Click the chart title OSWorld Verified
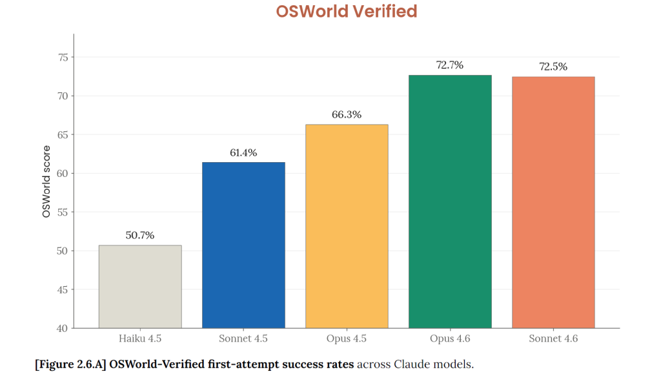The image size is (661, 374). pos(347,12)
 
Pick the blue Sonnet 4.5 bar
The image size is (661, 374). pos(243,245)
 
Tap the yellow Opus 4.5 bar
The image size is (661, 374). pos(347,226)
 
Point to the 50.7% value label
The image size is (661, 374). pos(140,236)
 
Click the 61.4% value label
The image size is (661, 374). pos(243,153)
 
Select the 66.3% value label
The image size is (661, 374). pos(347,115)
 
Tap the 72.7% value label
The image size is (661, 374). pos(450,65)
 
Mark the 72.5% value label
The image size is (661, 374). pos(553,67)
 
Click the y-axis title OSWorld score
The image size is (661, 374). pos(46,181)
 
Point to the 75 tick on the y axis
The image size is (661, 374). pos(63,57)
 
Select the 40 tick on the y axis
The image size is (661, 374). pos(63,328)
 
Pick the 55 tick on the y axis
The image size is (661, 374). pos(63,212)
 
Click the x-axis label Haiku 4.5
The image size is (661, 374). pos(140,338)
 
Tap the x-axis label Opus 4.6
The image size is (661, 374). pos(450,338)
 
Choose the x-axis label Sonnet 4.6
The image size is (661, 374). pos(553,338)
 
